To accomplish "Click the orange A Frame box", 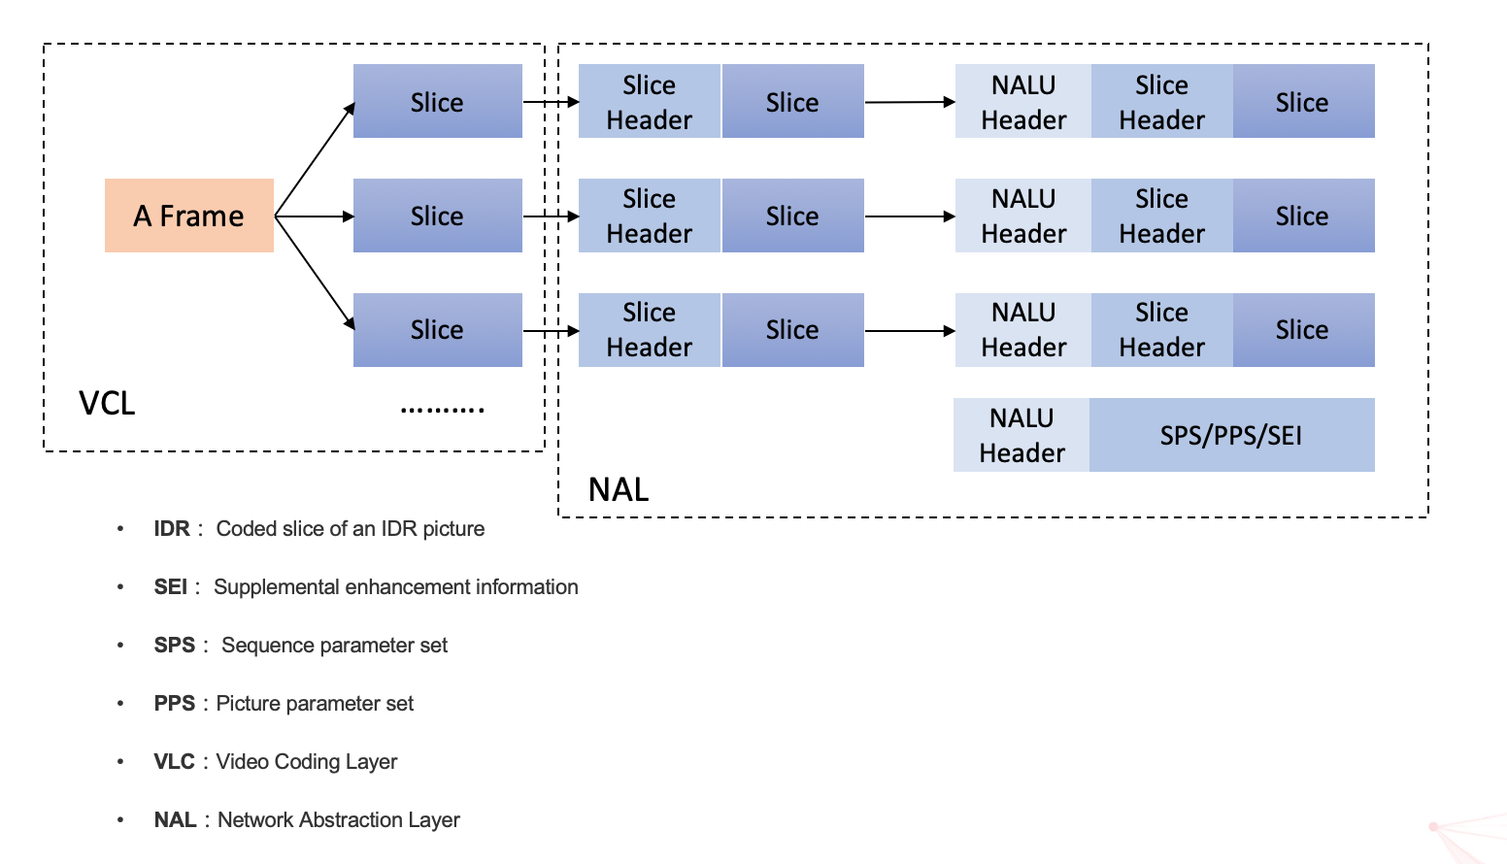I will pos(189,216).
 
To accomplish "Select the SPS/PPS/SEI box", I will pos(1231,435).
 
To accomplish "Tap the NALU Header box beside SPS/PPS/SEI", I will pos(1021,435).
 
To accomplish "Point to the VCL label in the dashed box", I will pos(107,403).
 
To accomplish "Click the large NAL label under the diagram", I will pos(619,489).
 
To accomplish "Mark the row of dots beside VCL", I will pos(443,410).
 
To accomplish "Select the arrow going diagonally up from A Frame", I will pos(316,159).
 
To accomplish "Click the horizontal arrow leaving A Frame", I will pos(315,216).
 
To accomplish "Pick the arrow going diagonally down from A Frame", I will pos(316,274).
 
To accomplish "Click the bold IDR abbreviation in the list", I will pos(172,529).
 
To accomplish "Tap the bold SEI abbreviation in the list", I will pos(170,587).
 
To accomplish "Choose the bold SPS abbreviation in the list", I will pos(175,646).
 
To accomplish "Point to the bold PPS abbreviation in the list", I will pos(175,704).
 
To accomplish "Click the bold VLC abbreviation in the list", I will pos(175,762).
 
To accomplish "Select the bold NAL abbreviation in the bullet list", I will pos(175,820).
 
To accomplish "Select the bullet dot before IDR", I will pos(120,529).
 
